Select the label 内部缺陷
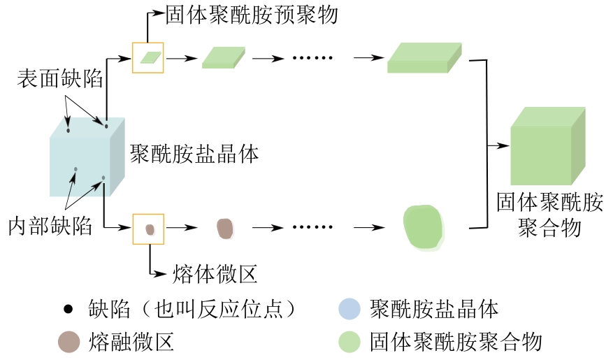50,226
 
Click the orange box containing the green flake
147,57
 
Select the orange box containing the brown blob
148,229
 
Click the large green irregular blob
424,227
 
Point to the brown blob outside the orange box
224,228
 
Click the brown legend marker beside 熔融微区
68,342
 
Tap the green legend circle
349,342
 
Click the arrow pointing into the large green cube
498,146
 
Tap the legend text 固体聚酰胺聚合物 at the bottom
456,342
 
